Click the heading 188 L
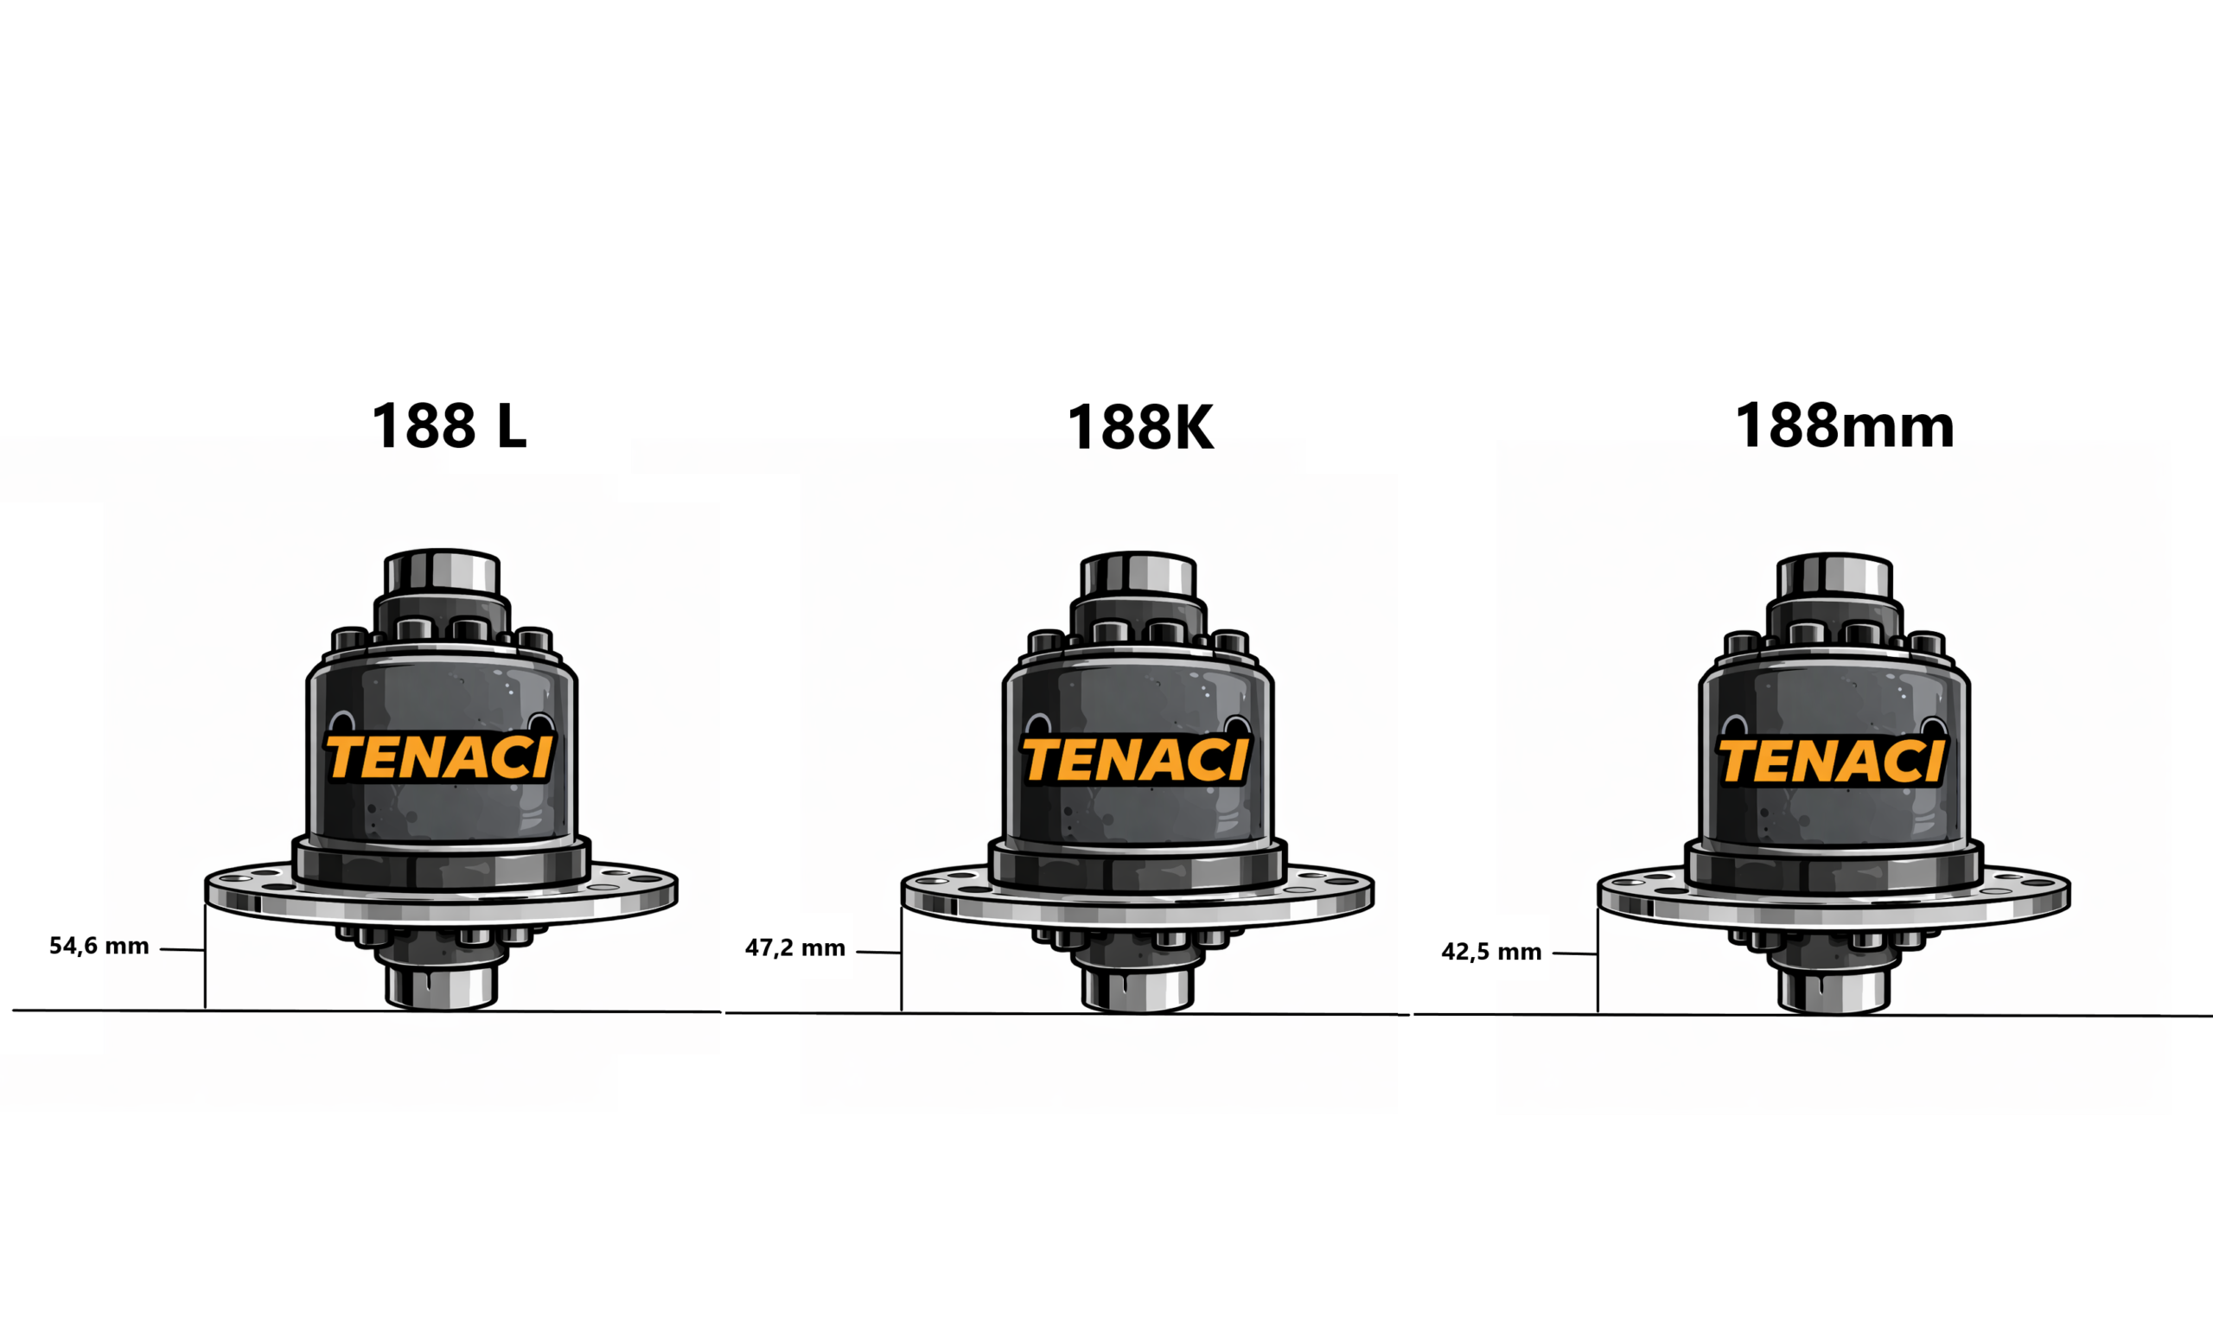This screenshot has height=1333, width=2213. tap(449, 426)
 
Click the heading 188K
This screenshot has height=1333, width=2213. tap(1139, 428)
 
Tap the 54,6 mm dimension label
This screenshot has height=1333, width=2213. tap(99, 946)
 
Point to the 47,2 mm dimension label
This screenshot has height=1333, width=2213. tap(794, 947)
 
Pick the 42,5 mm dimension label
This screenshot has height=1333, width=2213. tap(1491, 951)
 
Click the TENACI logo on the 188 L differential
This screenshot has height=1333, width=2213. tap(439, 757)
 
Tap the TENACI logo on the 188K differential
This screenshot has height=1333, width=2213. tap(1135, 760)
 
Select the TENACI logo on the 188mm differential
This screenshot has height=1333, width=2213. tap(1832, 762)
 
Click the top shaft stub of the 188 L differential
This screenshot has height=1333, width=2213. tap(442, 572)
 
